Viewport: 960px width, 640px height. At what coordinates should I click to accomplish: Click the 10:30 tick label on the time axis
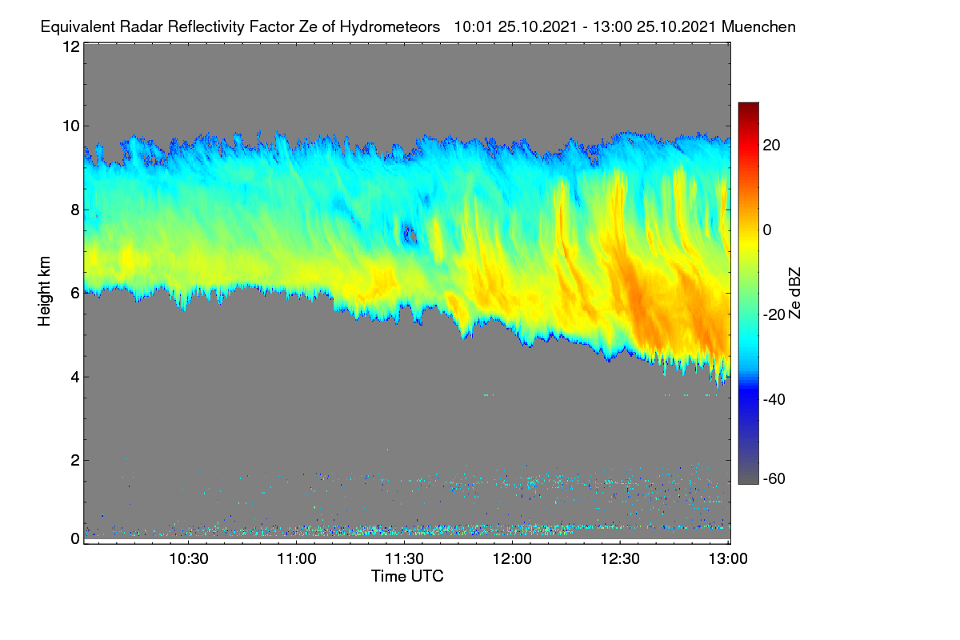tap(189, 559)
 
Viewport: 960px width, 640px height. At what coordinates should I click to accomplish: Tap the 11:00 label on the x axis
tap(297, 559)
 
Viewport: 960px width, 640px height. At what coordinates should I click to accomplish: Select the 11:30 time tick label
tap(405, 559)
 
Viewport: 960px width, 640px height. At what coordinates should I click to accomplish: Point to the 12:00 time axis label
tap(512, 559)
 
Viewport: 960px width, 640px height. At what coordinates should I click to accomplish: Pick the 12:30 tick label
tap(620, 559)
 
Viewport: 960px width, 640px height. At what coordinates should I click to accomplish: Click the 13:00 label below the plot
tap(728, 559)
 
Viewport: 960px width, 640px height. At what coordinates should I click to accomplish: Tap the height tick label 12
tap(71, 46)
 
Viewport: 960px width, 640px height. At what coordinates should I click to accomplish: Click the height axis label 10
tap(71, 126)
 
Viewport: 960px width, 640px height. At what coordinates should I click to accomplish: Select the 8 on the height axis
tap(75, 210)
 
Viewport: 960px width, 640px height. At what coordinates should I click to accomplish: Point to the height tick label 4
tap(75, 378)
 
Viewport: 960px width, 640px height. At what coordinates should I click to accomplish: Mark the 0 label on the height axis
tap(75, 539)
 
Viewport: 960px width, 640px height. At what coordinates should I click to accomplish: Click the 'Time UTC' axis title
tap(407, 577)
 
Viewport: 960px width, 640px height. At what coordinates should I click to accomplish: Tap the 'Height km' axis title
tap(44, 291)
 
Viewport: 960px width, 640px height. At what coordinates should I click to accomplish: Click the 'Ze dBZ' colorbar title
tap(794, 294)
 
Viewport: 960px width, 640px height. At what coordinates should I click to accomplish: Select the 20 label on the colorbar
tap(771, 146)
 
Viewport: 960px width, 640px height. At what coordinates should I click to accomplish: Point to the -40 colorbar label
tap(774, 399)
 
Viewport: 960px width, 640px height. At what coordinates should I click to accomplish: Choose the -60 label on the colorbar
tap(774, 479)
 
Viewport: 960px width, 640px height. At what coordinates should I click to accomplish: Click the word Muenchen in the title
tap(758, 27)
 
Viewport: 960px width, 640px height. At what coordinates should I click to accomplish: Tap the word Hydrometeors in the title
tap(390, 27)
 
